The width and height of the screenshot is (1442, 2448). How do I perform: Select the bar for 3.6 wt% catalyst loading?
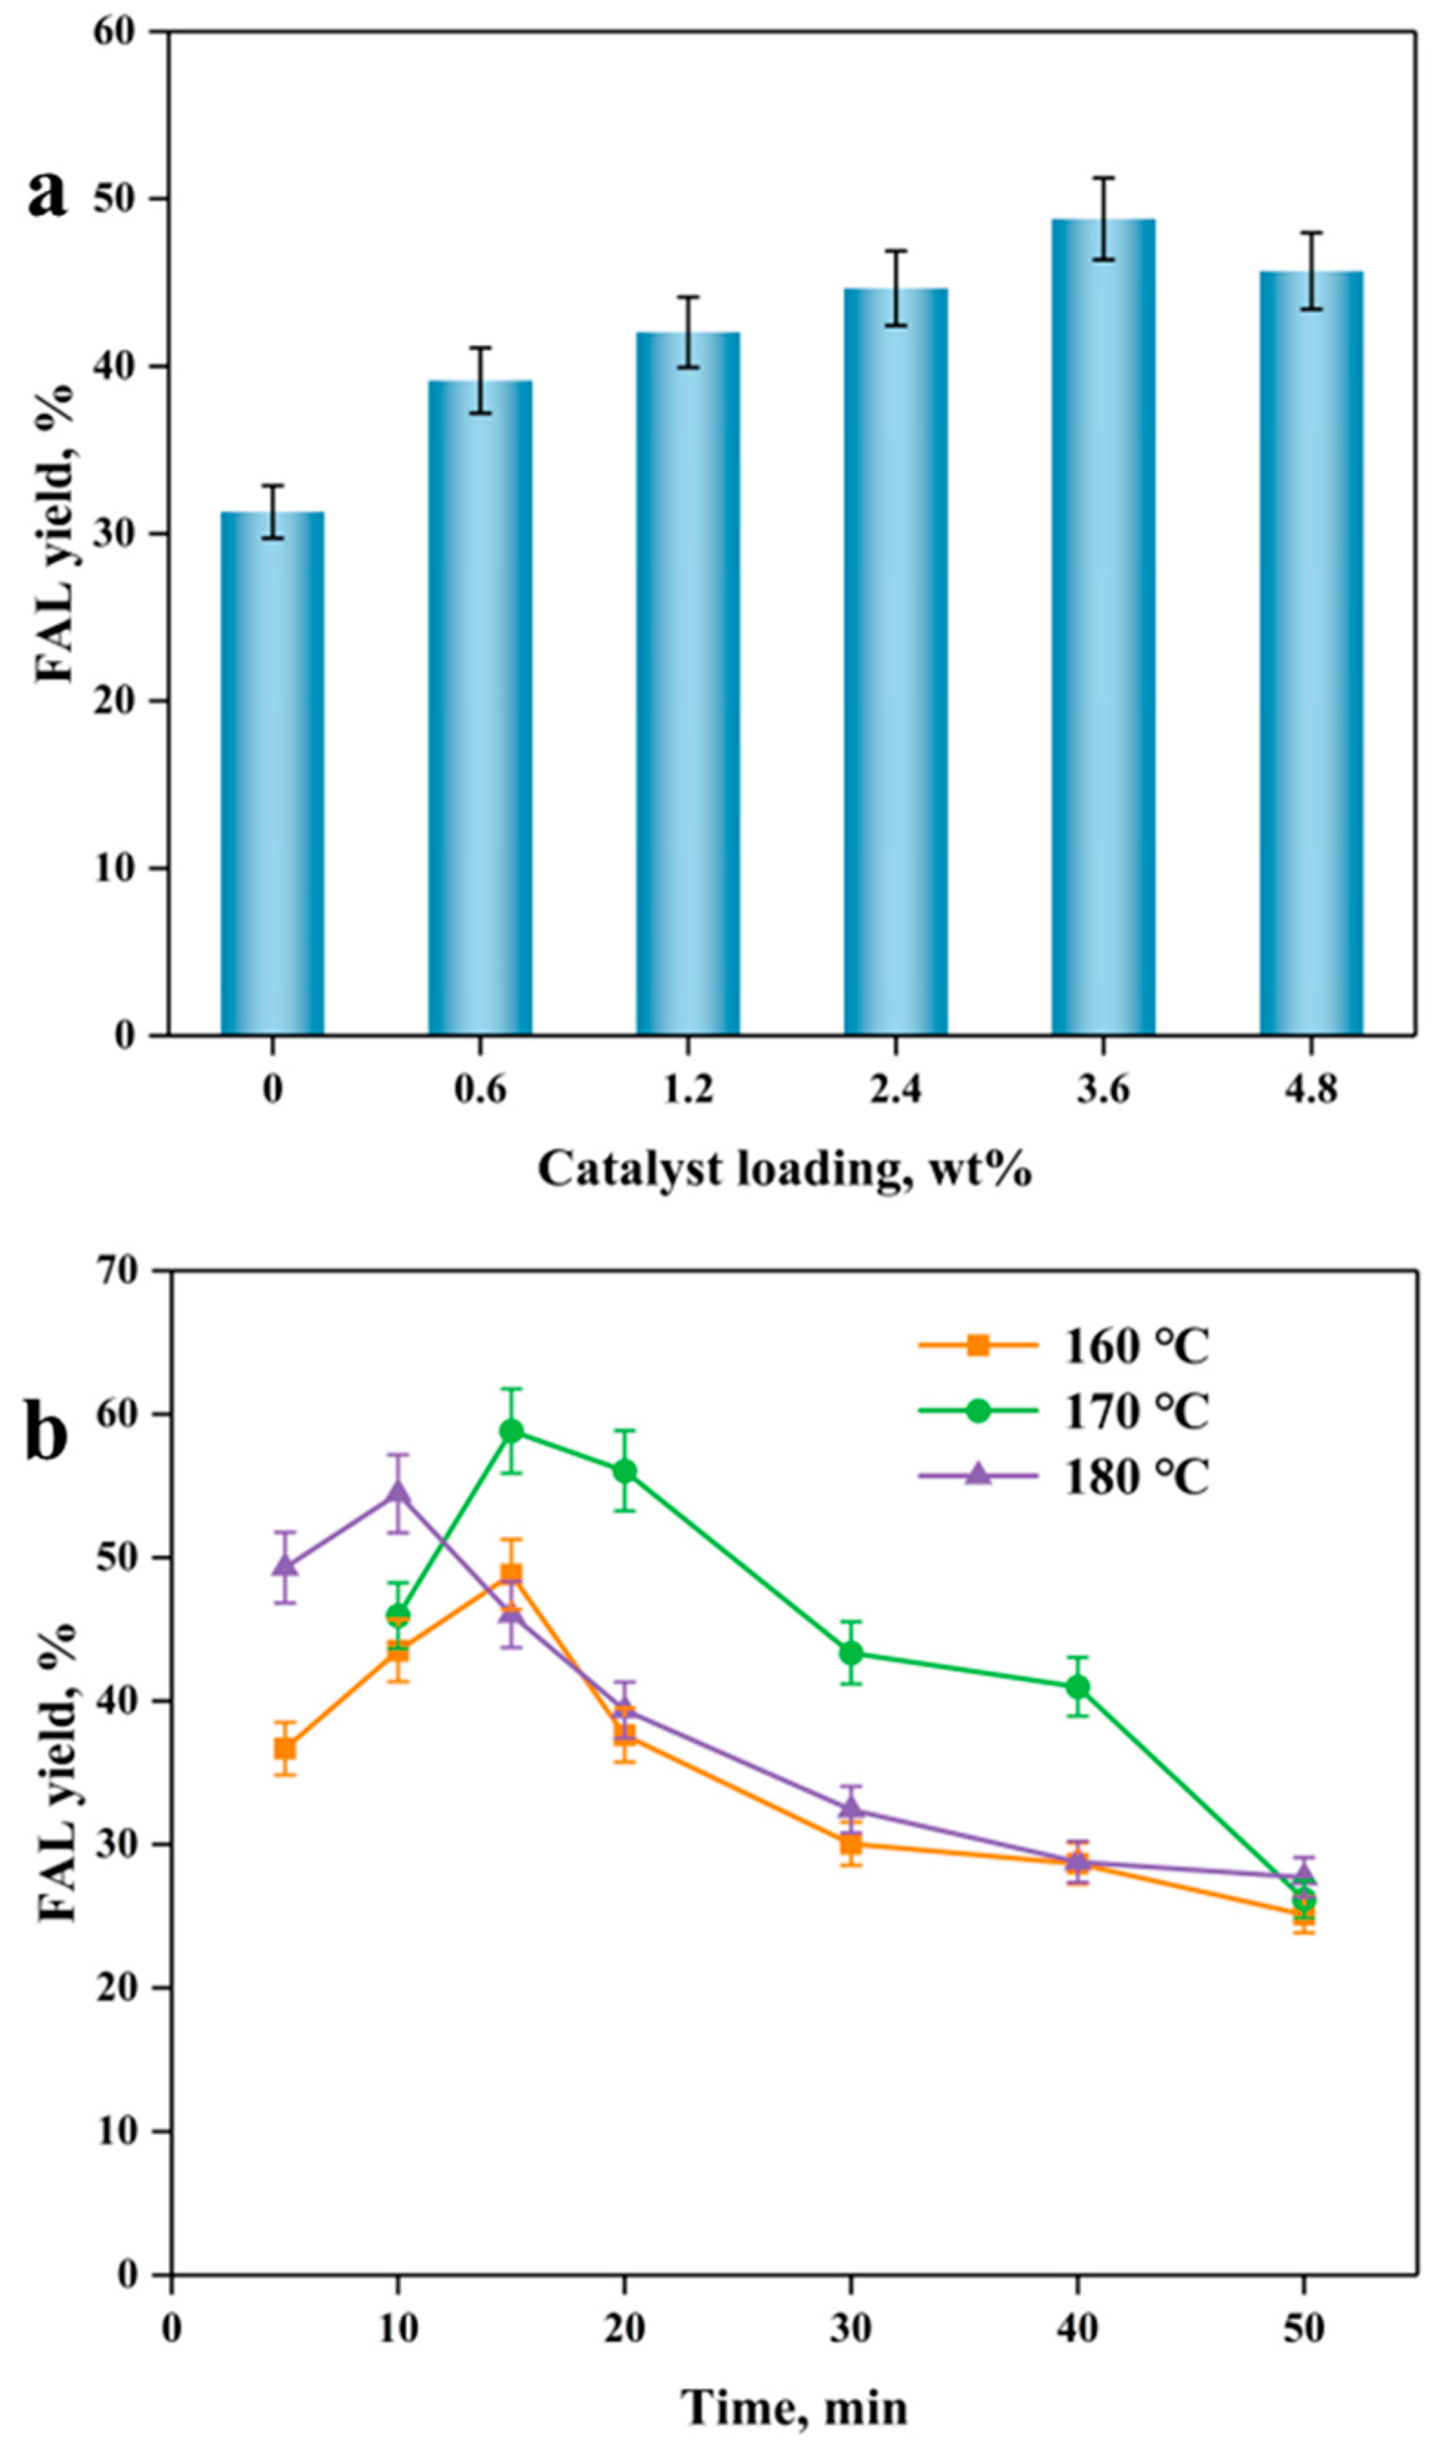pos(1103,626)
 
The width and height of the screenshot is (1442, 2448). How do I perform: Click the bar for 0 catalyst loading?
pos(272,772)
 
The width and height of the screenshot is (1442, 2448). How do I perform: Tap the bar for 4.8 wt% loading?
pos(1311,653)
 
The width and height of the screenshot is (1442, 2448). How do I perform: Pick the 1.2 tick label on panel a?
pos(688,1090)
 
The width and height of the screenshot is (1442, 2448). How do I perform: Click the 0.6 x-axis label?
pos(480,1090)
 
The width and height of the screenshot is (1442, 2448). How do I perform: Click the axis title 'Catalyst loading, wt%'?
pos(783,1169)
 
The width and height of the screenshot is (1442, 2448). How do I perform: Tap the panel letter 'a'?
pos(47,194)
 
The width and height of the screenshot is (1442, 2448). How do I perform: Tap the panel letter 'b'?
pos(47,1434)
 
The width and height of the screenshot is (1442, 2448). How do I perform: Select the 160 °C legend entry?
pos(1064,1346)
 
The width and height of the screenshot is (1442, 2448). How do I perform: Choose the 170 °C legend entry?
pos(1064,1412)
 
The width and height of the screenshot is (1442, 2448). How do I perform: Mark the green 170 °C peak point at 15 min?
pos(512,1431)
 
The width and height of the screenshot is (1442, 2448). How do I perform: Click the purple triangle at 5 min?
pos(285,1564)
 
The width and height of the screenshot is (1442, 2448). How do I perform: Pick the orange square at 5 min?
pos(285,1748)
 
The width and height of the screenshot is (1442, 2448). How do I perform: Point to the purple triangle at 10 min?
pos(398,1492)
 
